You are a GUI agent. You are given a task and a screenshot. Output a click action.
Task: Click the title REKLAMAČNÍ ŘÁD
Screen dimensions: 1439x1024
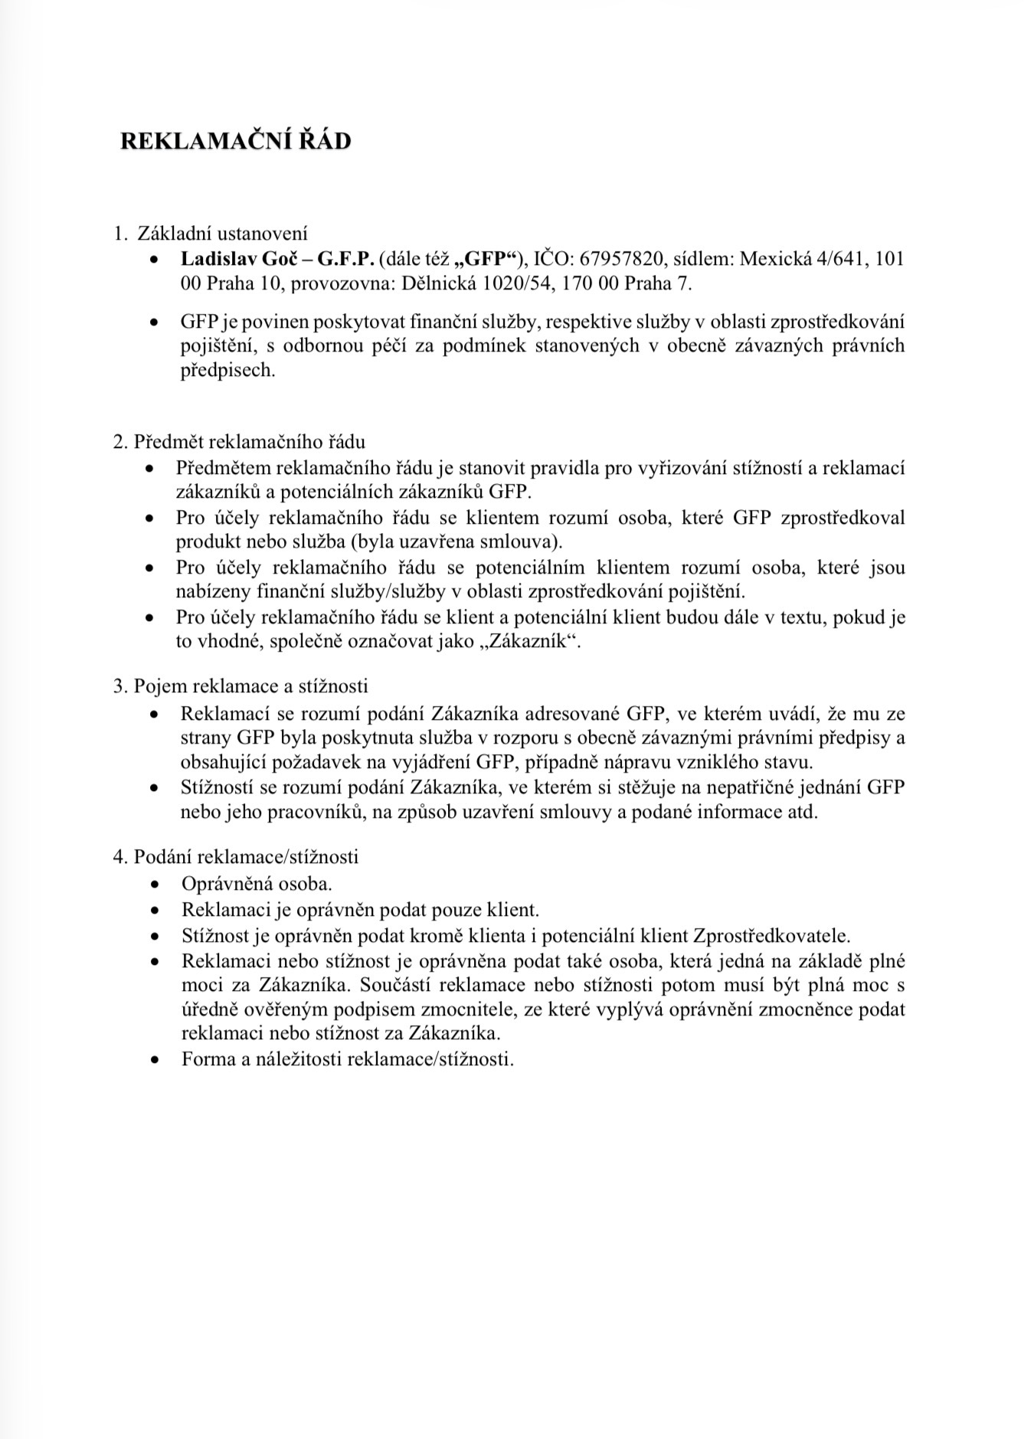pyautogui.click(x=236, y=142)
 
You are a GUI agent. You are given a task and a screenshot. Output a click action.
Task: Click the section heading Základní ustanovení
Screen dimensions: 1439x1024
pyautogui.click(x=222, y=233)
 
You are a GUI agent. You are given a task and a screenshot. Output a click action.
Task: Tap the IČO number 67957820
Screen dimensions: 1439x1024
pyautogui.click(x=621, y=259)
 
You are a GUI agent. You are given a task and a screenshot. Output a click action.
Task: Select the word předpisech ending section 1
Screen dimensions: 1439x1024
pyautogui.click(x=227, y=371)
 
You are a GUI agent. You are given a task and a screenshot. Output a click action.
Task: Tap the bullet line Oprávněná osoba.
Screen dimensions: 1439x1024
pyautogui.click(x=257, y=884)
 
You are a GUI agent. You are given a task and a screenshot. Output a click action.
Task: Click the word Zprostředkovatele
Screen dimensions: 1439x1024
pyautogui.click(x=771, y=936)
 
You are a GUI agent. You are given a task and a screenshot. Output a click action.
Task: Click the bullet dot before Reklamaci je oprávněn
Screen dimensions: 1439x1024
pyautogui.click(x=155, y=911)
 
